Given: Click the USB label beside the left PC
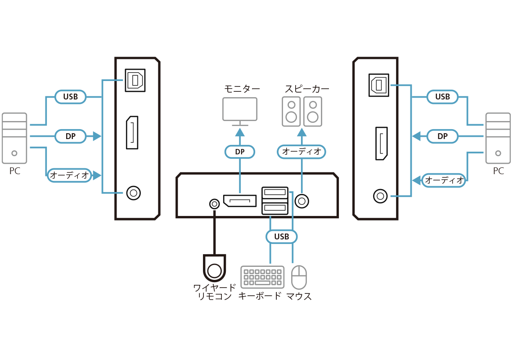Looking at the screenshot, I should [x=70, y=97].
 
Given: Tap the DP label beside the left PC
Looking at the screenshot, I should [x=70, y=136].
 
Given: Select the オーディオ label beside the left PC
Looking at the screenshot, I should [x=69, y=175].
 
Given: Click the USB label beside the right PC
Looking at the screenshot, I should [x=442, y=97].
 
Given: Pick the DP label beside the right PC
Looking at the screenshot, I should [x=442, y=136].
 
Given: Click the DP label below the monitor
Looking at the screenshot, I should [x=240, y=152].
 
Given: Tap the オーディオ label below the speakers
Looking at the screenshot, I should [x=301, y=152].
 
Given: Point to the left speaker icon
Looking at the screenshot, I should [x=292, y=112].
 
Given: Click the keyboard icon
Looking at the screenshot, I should [x=262, y=277].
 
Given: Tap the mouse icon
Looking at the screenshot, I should [x=299, y=277].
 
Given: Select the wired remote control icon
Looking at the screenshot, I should [x=214, y=268].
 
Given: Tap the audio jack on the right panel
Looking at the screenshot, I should [x=380, y=196].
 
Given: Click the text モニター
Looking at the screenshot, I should [x=242, y=89].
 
